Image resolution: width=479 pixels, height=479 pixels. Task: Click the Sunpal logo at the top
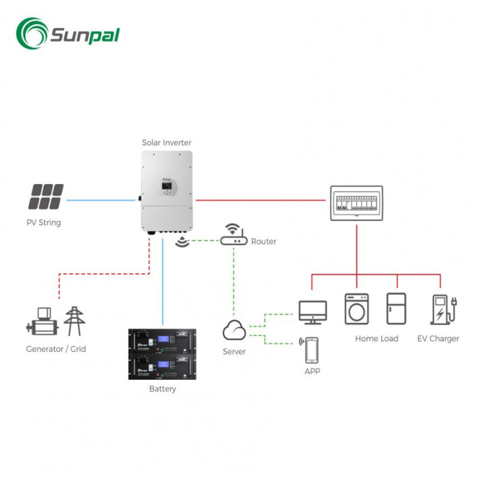click(68, 32)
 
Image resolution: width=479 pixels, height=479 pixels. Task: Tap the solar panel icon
click(46, 197)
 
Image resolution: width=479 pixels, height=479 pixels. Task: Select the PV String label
click(44, 222)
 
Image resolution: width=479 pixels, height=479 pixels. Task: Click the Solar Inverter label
click(166, 142)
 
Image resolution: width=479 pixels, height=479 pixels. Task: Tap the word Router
click(263, 242)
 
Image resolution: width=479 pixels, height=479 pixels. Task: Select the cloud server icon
click(234, 331)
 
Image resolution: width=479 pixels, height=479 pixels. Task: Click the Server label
click(234, 352)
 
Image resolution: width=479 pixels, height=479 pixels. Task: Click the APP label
click(312, 371)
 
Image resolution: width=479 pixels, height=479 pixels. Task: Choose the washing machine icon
click(357, 309)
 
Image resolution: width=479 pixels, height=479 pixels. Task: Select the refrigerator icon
click(397, 309)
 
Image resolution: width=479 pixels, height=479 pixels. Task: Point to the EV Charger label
click(438, 339)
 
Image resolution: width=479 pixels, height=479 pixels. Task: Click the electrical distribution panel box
click(356, 203)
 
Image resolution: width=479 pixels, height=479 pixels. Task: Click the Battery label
click(162, 389)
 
